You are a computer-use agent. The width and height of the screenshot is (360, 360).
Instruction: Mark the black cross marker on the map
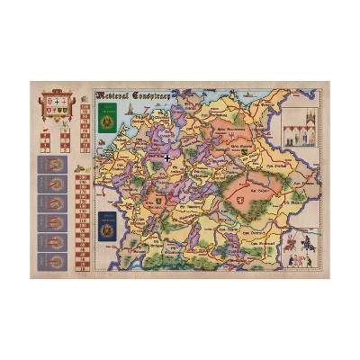[x=166, y=158]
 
